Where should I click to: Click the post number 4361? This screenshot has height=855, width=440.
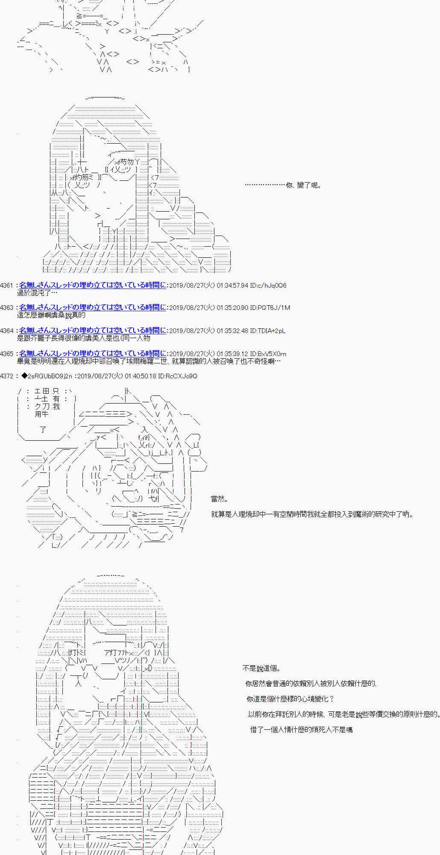tap(7, 285)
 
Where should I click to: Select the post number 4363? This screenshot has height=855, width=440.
tap(7, 308)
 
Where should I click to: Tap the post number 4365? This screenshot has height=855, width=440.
tap(7, 354)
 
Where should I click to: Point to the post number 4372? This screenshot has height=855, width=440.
tap(7, 376)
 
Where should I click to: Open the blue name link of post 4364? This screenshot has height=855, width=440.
tap(93, 330)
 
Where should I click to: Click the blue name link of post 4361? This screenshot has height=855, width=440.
tap(93, 285)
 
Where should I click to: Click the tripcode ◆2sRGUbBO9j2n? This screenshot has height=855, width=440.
tap(47, 376)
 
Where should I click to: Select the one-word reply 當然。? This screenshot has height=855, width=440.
tap(220, 499)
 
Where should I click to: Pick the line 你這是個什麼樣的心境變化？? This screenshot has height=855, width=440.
tap(290, 699)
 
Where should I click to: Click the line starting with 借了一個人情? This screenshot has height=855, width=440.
tap(301, 730)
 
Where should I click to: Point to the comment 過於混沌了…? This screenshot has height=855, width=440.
tap(37, 293)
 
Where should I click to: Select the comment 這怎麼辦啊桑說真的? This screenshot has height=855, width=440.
tap(51, 315)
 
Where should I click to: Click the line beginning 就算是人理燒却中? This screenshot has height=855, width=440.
tap(312, 514)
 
